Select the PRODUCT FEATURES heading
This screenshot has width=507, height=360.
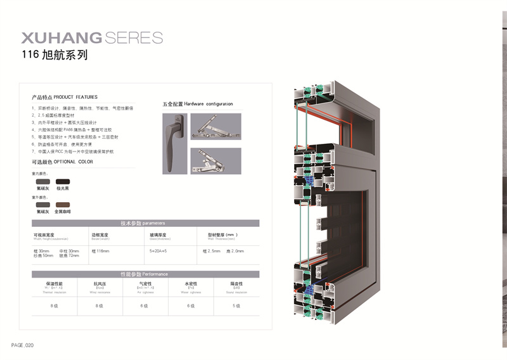coord(65,98)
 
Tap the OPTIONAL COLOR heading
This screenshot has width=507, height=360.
coord(62,162)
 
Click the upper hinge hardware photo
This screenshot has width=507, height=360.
coord(215,129)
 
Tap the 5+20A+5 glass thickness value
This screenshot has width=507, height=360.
coord(158,252)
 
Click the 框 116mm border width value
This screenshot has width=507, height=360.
coord(101,252)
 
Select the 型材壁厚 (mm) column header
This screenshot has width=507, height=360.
coord(222,235)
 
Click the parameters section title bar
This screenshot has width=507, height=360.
coord(145,223)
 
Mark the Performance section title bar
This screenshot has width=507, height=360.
coord(145,274)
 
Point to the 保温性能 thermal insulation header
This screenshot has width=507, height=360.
coord(55,283)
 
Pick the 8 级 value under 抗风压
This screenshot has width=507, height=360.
coord(99,305)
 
